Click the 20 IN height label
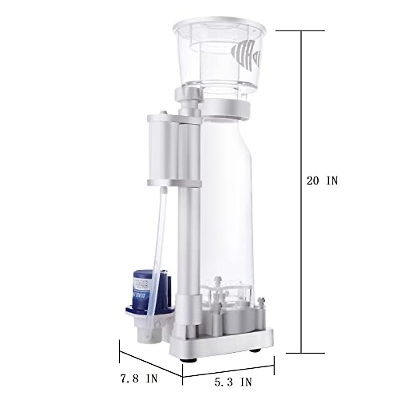322,181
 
